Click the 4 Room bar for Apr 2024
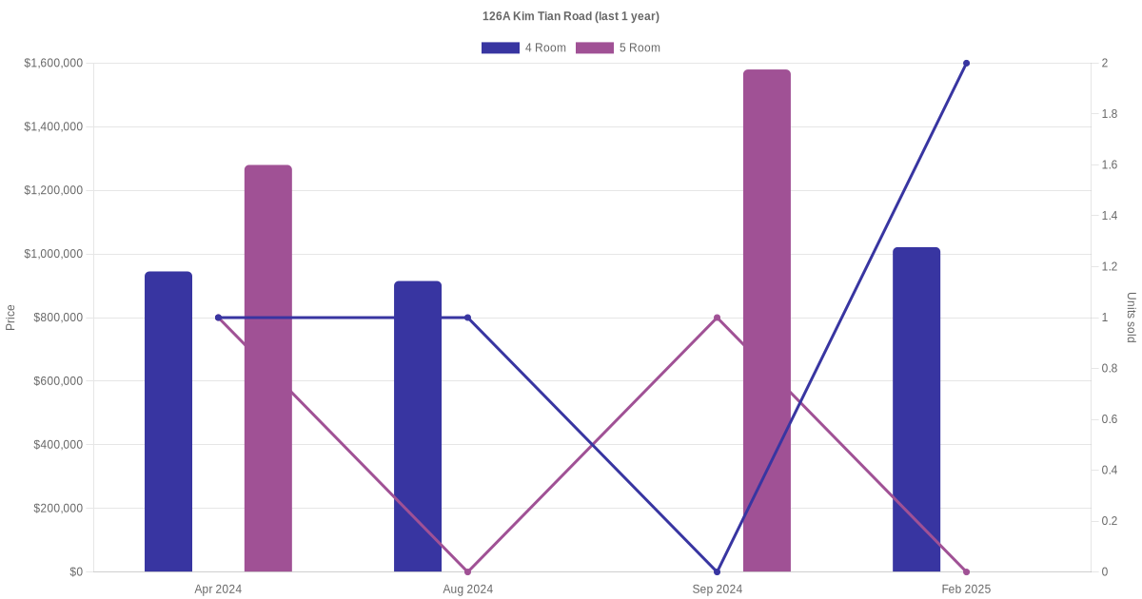coord(168,422)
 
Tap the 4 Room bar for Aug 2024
coord(418,427)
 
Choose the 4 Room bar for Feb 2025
coord(916,410)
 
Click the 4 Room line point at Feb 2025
coord(966,64)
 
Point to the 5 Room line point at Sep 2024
coord(717,318)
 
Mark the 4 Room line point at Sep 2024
coord(717,571)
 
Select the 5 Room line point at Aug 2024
coord(467,571)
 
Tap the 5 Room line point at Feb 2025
coord(966,571)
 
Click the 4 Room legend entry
coord(523,48)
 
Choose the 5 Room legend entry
coord(618,48)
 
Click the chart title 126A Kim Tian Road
coord(571,16)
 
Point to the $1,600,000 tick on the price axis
coord(53,64)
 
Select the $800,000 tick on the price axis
coord(57,318)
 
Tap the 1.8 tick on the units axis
coord(1110,114)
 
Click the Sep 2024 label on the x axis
coord(717,589)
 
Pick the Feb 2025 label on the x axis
coord(966,589)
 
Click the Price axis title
coord(10,318)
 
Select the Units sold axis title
coord(1132,318)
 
